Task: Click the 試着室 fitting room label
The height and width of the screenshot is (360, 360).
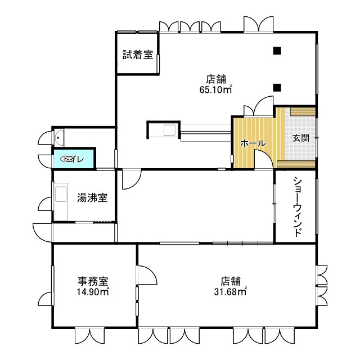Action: (x=138, y=55)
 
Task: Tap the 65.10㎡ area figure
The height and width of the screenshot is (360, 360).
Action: (x=216, y=89)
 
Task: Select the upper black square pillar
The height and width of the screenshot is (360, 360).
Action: (x=277, y=51)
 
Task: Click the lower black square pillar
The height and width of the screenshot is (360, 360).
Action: (x=277, y=87)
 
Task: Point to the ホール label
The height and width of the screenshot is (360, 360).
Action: (x=253, y=144)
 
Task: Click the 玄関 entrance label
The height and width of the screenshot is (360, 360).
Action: (x=301, y=138)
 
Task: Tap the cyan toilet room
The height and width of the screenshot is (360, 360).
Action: (x=74, y=159)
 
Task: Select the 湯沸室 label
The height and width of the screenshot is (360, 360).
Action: (x=92, y=198)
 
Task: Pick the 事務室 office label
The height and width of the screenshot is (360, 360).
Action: (x=93, y=281)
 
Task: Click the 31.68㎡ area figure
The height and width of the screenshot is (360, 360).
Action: (x=231, y=292)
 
